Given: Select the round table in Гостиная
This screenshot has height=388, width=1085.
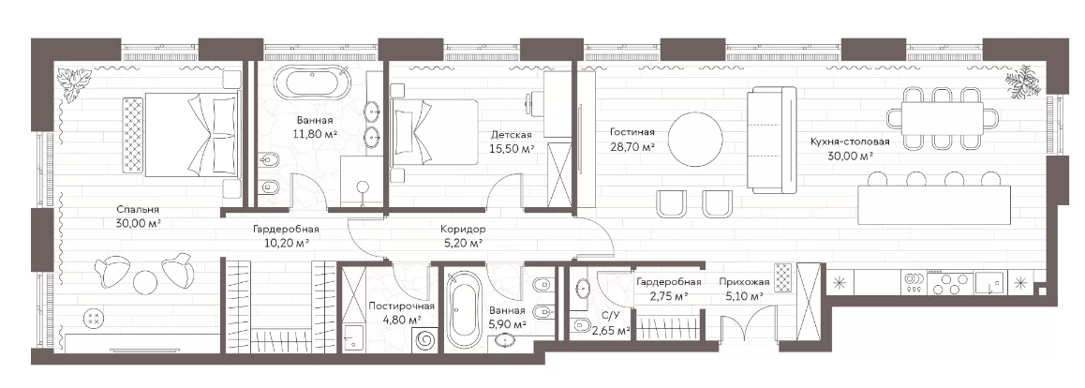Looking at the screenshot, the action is [x=700, y=139].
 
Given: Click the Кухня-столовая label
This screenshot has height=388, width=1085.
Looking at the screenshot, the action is [x=850, y=142].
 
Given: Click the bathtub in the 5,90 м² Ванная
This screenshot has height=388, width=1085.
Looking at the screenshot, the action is [x=461, y=309].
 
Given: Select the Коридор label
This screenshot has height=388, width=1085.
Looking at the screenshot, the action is [x=462, y=229].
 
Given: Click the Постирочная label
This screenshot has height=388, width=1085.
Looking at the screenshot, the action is [x=401, y=306].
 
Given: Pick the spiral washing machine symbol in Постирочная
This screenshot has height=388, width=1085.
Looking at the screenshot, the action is [x=424, y=339].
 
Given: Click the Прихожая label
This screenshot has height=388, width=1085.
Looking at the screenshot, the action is [x=744, y=281].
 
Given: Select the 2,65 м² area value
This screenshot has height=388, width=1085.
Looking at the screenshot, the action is [x=610, y=331].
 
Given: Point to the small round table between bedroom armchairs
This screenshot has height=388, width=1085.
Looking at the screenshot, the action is [x=146, y=281].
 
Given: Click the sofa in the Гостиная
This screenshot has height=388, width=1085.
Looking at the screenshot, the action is [x=772, y=141].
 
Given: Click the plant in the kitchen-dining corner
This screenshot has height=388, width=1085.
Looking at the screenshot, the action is [x=1023, y=81].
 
